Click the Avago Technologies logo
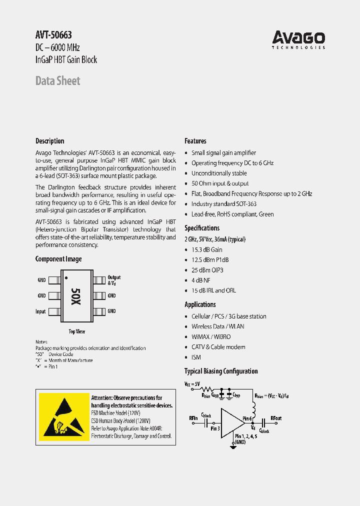tap(298, 39)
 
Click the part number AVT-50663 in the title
tap(53, 35)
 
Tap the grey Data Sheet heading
tap(57, 80)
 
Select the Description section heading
tap(49, 141)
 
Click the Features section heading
tap(195, 141)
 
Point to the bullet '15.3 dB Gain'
tap(207, 249)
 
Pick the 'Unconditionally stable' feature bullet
tap(219, 173)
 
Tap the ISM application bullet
tap(196, 357)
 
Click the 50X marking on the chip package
tap(75, 296)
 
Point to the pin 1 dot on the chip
tap(66, 277)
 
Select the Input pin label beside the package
tap(40, 311)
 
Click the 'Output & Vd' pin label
tap(114, 280)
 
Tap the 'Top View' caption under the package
tap(76, 331)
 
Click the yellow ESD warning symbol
tap(63, 414)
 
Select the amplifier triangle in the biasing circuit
tap(231, 422)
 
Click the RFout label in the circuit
tap(276, 417)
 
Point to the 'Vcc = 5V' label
tap(192, 384)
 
